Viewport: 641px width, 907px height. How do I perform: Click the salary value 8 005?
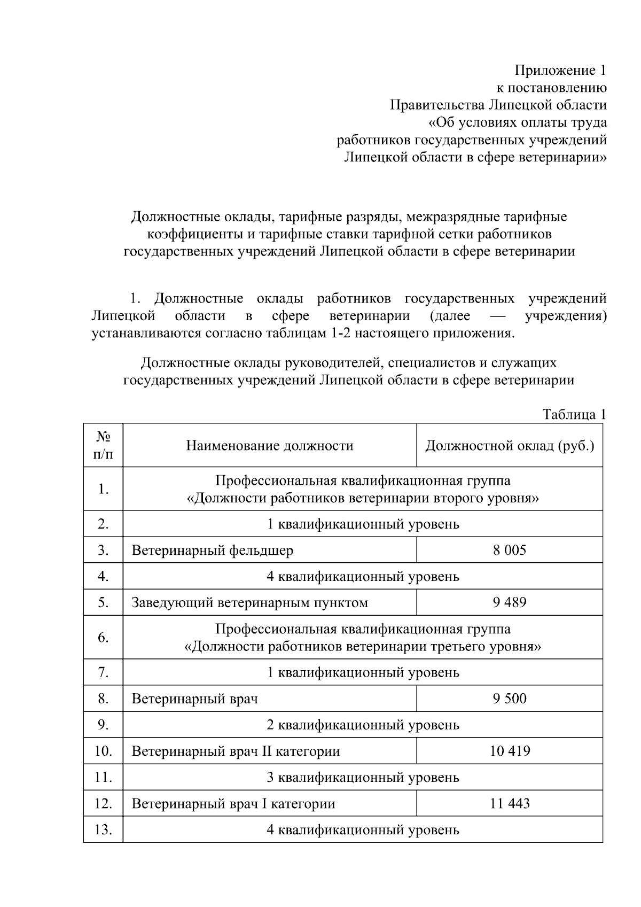point(509,550)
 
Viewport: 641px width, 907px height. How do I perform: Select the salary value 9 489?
point(509,602)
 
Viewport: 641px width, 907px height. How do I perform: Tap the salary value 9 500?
point(509,698)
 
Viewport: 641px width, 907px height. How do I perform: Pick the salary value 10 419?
point(509,751)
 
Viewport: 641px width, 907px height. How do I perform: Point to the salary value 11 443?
point(509,803)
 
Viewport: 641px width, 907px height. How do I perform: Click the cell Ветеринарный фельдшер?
point(212,550)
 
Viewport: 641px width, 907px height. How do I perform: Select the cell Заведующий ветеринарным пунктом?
point(249,602)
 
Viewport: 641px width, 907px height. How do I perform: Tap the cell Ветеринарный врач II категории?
point(236,751)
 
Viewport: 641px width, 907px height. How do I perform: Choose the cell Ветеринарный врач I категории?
point(233,803)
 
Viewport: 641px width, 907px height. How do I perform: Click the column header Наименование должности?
point(269,446)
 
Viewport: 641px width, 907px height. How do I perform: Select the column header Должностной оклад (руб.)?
point(509,446)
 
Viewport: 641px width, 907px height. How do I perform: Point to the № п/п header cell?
point(103,446)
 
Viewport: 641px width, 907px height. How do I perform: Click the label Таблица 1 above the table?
point(574,414)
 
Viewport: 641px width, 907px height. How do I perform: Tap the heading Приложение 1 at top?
point(560,70)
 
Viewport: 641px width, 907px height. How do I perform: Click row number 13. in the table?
point(103,830)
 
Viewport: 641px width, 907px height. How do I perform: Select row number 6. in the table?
point(103,637)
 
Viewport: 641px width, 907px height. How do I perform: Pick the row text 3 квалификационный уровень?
point(363,777)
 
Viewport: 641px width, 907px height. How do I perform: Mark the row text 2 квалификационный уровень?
point(363,725)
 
